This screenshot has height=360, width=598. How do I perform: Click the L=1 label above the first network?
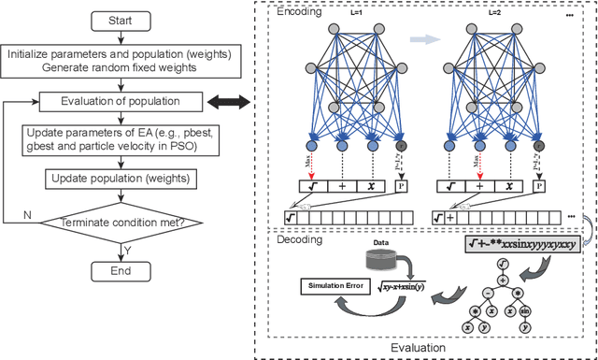[355, 13]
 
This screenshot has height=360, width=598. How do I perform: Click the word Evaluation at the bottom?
[422, 349]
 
